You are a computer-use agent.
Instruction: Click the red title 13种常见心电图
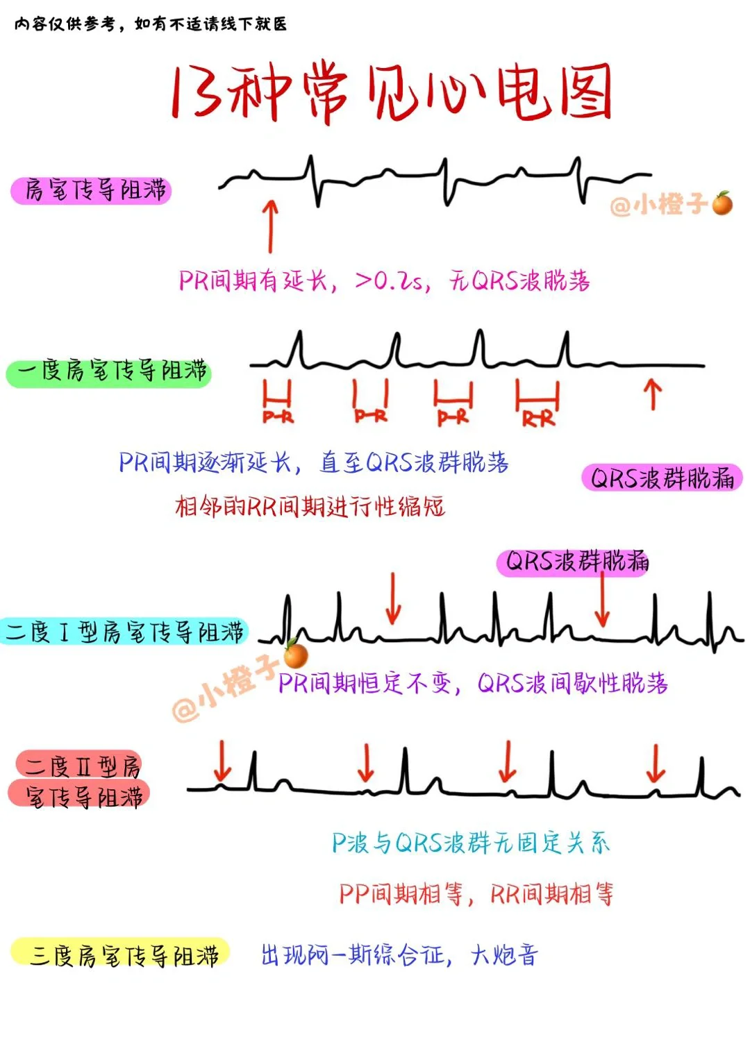click(391, 92)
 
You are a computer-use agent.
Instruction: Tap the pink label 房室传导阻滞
click(92, 190)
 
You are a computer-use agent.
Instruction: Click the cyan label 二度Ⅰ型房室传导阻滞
click(124, 632)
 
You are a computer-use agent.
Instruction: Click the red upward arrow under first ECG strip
click(271, 226)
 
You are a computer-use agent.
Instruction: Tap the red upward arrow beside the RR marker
click(651, 394)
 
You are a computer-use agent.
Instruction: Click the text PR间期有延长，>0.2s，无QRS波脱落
click(384, 281)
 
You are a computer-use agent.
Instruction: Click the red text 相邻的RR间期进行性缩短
click(310, 507)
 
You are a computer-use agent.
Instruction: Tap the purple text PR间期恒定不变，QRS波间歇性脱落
click(473, 684)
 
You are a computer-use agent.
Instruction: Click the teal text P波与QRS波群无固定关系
click(470, 843)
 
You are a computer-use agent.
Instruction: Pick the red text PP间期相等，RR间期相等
click(476, 894)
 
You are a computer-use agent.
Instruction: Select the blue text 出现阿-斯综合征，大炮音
click(399, 955)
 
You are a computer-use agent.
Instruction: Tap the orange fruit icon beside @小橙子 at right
click(722, 203)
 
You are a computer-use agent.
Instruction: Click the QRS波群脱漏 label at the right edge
click(662, 478)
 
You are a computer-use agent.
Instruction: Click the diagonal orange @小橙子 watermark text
click(226, 687)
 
